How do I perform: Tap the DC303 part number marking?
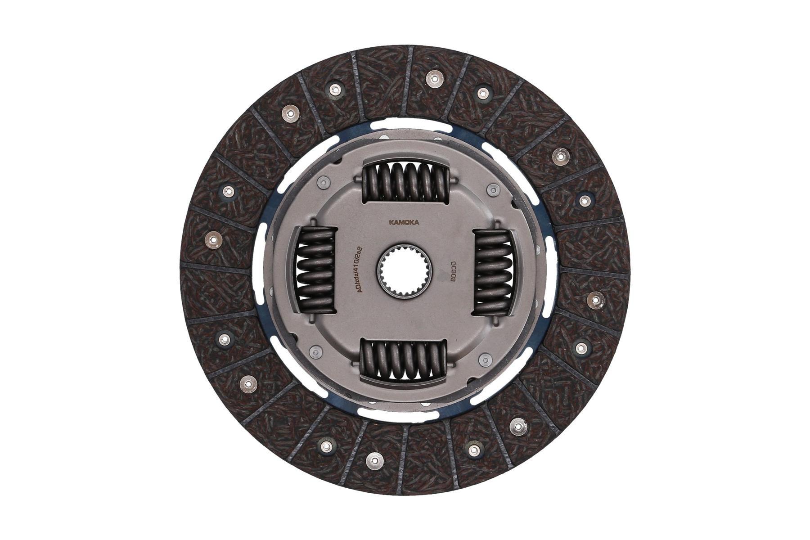(454, 272)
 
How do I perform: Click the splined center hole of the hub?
(404, 272)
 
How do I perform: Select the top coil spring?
(405, 181)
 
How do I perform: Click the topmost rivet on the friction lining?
(433, 78)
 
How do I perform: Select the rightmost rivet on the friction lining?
(596, 299)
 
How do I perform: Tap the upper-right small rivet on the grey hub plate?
(492, 189)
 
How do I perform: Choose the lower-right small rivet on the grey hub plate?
(485, 359)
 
